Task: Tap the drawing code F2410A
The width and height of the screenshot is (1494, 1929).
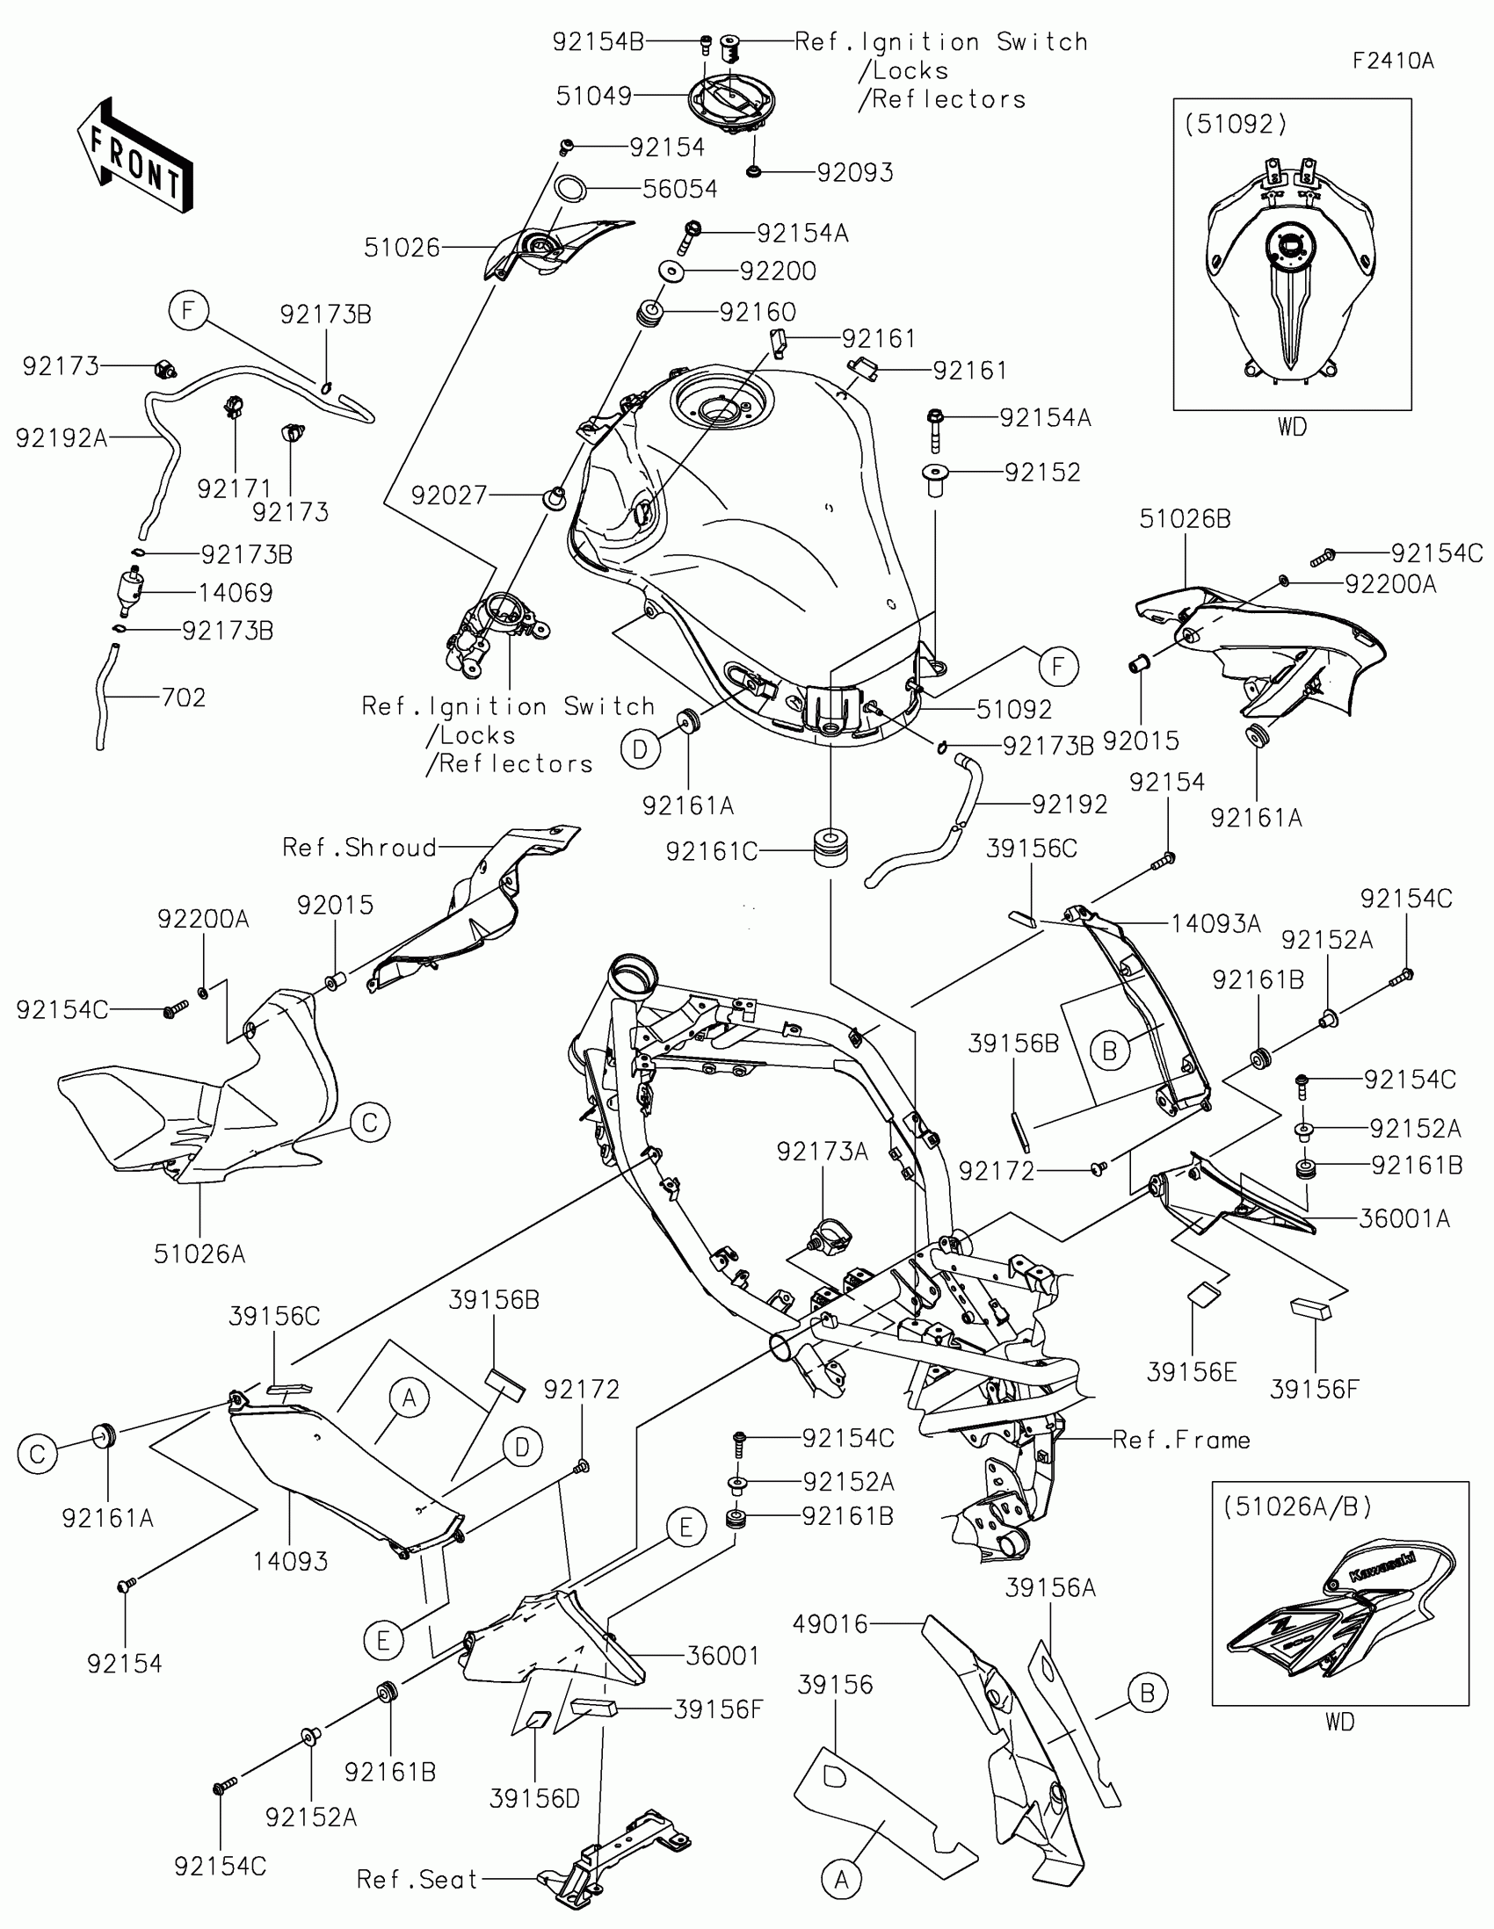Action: (x=1392, y=61)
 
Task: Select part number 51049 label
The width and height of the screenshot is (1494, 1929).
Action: (x=594, y=97)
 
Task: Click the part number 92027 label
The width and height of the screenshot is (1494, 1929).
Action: (x=450, y=495)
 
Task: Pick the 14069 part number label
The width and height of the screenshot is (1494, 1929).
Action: (x=235, y=593)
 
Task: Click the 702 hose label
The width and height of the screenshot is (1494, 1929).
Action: (x=183, y=697)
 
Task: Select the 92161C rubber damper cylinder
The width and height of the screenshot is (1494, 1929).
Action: (x=830, y=848)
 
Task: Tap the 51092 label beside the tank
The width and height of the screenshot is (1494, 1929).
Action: (x=1013, y=709)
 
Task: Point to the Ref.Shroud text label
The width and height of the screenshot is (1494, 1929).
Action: (x=359, y=848)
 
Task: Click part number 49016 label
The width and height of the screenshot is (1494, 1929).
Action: (x=830, y=1623)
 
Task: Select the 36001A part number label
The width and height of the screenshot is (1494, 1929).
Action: (x=1403, y=1220)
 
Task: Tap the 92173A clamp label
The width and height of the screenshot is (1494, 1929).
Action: (x=822, y=1152)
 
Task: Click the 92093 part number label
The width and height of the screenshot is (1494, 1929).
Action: (x=854, y=172)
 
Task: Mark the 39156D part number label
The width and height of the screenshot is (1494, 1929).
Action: (x=534, y=1798)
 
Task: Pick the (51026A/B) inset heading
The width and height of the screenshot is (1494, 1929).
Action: (x=1298, y=1506)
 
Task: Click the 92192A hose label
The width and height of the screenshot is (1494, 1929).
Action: (x=62, y=438)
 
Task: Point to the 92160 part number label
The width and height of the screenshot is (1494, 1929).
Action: (x=758, y=312)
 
